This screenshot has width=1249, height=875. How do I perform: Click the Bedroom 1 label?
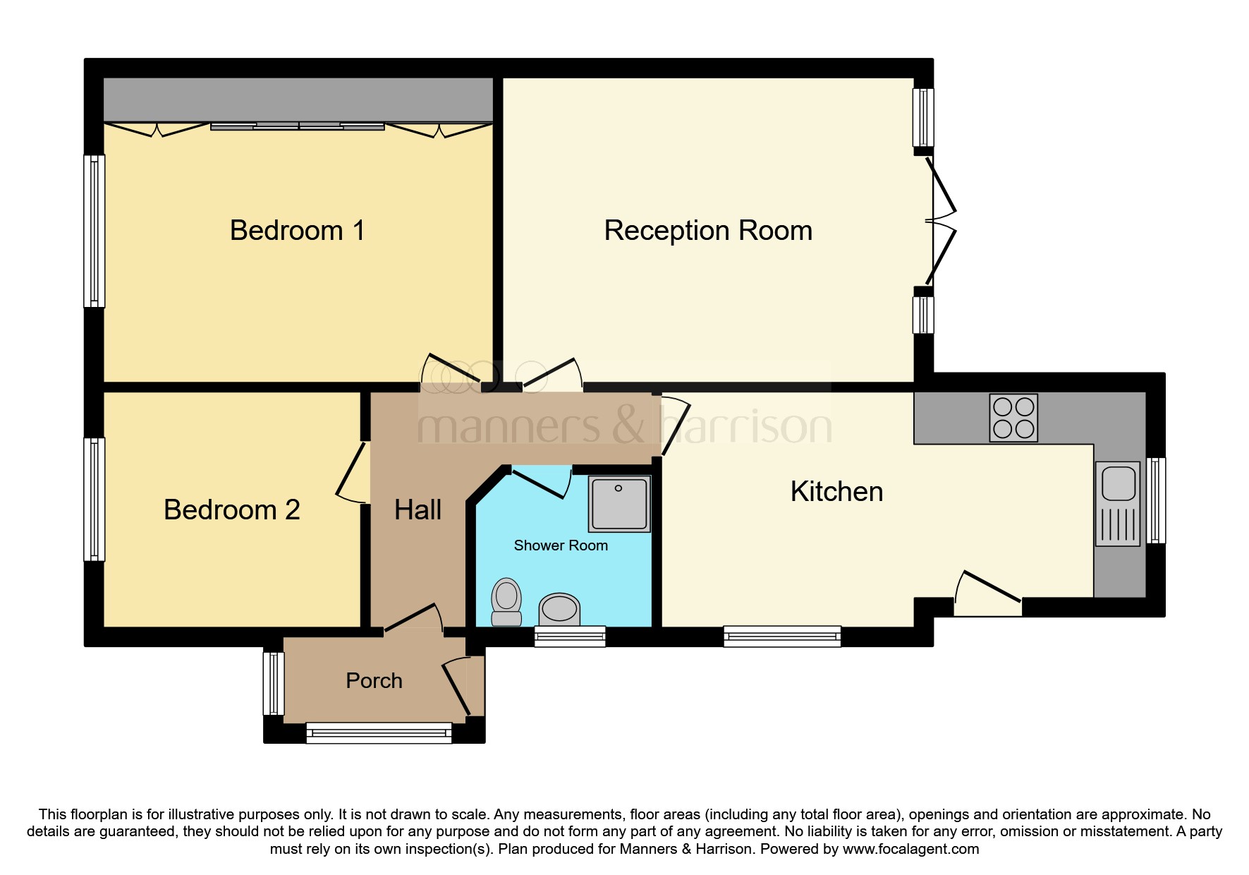pyautogui.click(x=297, y=231)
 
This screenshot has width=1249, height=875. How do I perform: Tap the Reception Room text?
pyautogui.click(x=707, y=231)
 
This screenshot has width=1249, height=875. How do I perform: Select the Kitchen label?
pyautogui.click(x=836, y=492)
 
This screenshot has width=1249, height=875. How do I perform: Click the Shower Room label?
pyautogui.click(x=561, y=545)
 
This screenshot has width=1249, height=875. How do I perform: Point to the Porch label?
pyautogui.click(x=374, y=681)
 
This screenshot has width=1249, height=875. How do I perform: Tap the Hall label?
pyautogui.click(x=418, y=510)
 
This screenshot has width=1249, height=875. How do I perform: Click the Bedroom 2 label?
pyautogui.click(x=231, y=510)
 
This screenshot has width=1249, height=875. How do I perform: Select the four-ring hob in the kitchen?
pyautogui.click(x=1013, y=418)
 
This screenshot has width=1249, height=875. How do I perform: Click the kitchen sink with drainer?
pyautogui.click(x=1118, y=504)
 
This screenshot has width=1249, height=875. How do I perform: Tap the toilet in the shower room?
pyautogui.click(x=506, y=602)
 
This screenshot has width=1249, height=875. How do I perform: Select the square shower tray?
pyautogui.click(x=619, y=503)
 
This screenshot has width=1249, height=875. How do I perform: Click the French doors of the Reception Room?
pyautogui.click(x=942, y=221)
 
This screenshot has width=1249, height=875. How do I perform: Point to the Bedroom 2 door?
pyautogui.click(x=351, y=471)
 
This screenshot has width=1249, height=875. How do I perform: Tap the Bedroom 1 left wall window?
pyautogui.click(x=94, y=231)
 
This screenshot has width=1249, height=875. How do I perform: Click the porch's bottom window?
pyautogui.click(x=379, y=733)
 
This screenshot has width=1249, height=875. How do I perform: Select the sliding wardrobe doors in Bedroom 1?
pyautogui.click(x=298, y=126)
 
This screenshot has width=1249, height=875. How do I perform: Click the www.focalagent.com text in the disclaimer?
pyautogui.click(x=910, y=849)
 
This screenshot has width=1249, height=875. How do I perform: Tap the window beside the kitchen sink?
pyautogui.click(x=1156, y=500)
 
